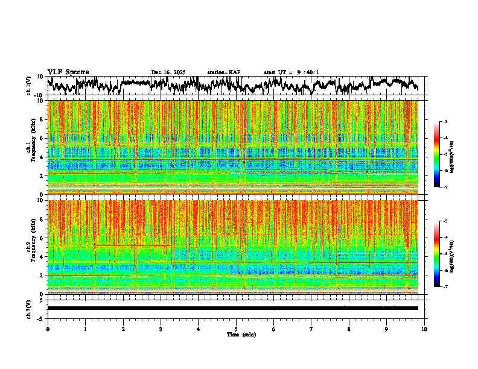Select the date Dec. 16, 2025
(168, 72)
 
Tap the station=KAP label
(224, 72)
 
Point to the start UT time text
(292, 72)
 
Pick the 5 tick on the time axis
(236, 329)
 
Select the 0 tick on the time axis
(48, 329)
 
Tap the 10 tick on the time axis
(425, 329)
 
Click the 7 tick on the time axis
(311, 329)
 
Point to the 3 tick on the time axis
(161, 329)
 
